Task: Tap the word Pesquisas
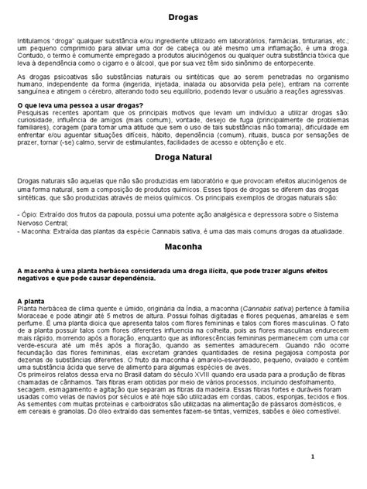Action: pos(31,112)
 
